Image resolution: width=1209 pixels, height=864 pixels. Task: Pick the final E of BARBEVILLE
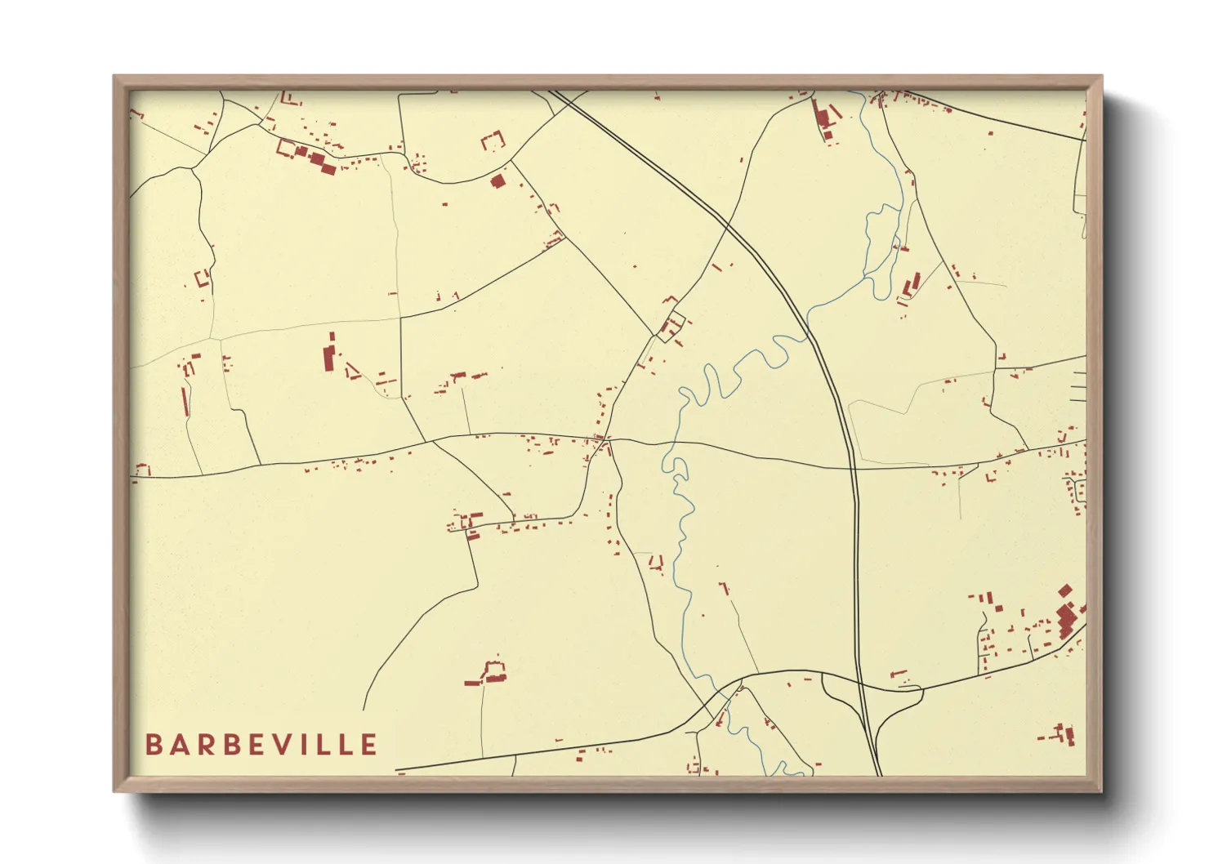pyautogui.click(x=369, y=745)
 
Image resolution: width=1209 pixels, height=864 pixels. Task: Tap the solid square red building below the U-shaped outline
pyautogui.click(x=497, y=180)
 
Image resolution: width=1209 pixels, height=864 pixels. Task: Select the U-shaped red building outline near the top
pyautogui.click(x=493, y=140)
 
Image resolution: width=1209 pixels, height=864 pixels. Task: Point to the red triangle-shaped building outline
pyautogui.click(x=352, y=372)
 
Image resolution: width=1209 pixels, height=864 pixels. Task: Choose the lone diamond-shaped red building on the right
pyautogui.click(x=1064, y=590)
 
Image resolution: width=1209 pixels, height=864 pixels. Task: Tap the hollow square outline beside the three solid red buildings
pyautogui.click(x=285, y=148)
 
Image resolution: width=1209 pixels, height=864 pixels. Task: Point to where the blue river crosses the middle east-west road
pyautogui.click(x=671, y=444)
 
